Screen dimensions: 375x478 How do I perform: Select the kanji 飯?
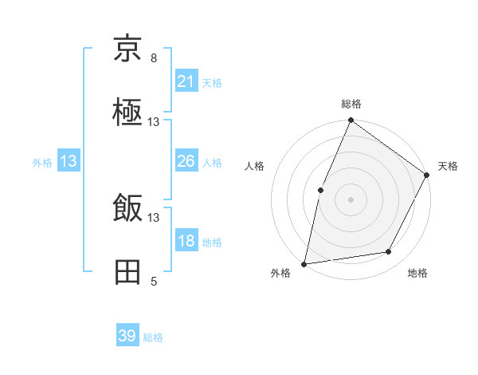point(128,209)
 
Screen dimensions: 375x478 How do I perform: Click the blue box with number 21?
point(186,81)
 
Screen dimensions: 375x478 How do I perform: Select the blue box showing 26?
point(186,161)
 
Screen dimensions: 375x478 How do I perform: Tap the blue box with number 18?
point(186,241)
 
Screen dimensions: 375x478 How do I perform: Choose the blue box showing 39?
point(127,336)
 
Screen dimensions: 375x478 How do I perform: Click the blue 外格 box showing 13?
point(69,161)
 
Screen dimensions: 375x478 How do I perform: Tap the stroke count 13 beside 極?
point(154,122)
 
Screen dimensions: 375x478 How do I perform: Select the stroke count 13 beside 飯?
point(154,217)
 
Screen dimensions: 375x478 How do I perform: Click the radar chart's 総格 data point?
point(351,120)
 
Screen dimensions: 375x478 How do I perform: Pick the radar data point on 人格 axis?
point(320,190)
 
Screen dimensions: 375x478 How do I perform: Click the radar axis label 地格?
point(417,273)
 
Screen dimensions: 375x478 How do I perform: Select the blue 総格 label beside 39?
point(153,337)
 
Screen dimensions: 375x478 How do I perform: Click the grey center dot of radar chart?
point(351,199)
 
